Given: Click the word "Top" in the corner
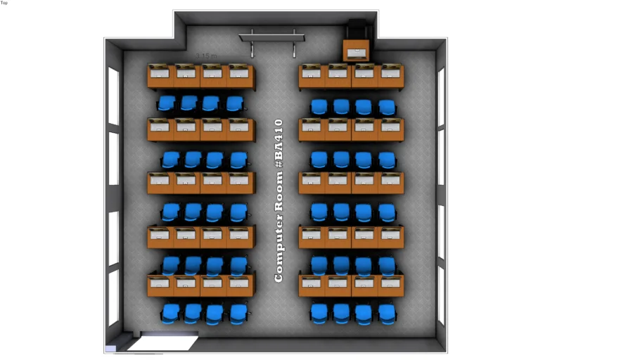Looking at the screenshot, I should coord(4,3).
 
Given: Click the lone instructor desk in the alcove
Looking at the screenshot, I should coord(357,51).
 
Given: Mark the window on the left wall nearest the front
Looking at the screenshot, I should coord(113,96).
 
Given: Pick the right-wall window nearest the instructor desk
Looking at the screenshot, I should coord(441,96).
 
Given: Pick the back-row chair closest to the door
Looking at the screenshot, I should coord(169,313).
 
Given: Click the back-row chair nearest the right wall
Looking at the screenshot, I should coord(387,313).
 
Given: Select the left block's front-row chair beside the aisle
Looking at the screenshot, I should coord(235,104).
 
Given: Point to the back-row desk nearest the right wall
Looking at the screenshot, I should coord(391,285).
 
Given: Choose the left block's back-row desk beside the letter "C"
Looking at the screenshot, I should coord(240,285).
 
